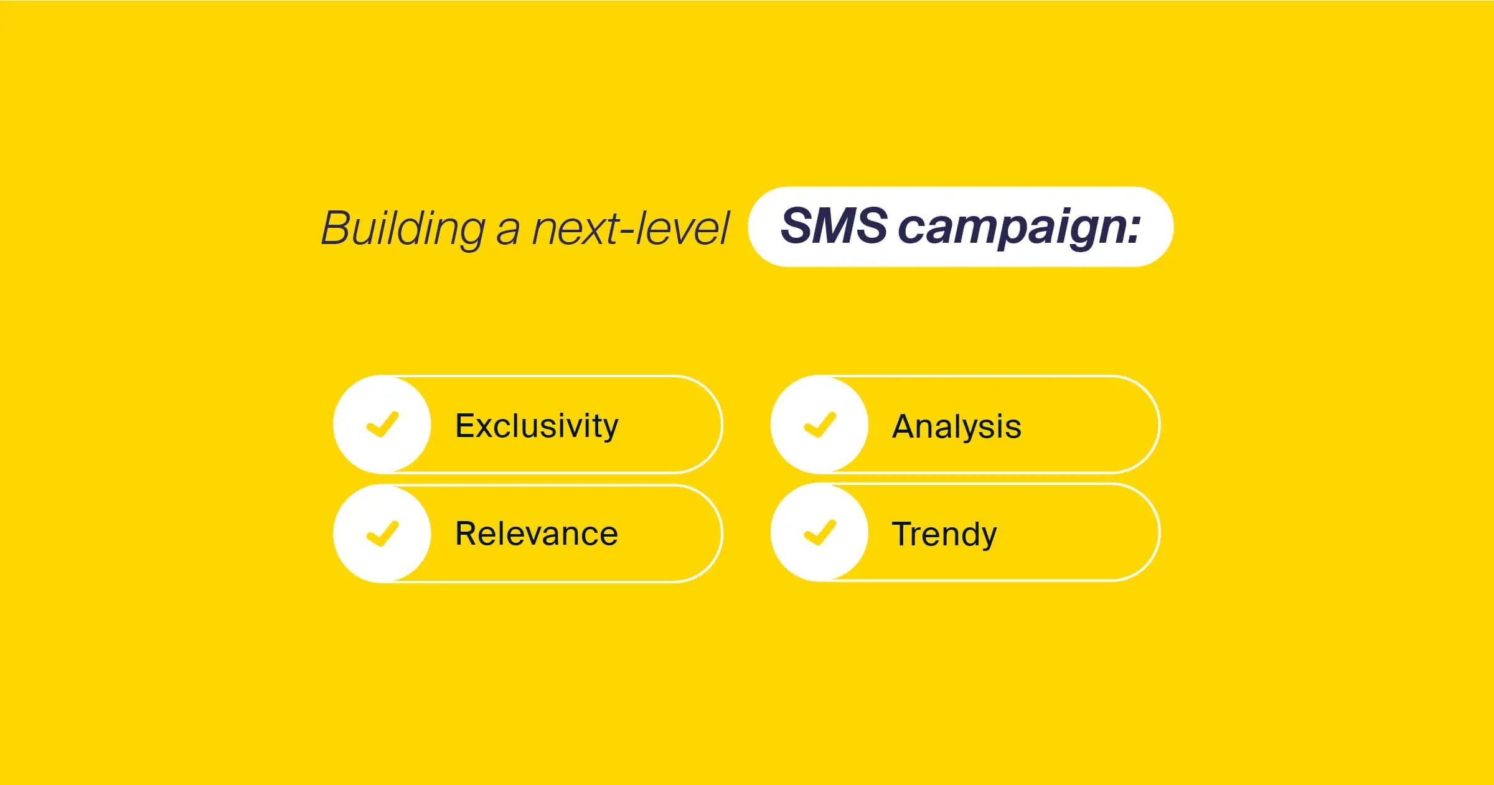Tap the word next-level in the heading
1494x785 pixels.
pyautogui.click(x=630, y=228)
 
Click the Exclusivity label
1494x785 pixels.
pyautogui.click(x=537, y=426)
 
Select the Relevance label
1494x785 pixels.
pyautogui.click(x=537, y=534)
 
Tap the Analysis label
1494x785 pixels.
pyautogui.click(x=956, y=427)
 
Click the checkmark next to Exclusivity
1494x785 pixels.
pyautogui.click(x=382, y=425)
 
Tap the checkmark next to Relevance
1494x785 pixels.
pyautogui.click(x=382, y=533)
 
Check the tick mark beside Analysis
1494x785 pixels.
pyautogui.click(x=820, y=425)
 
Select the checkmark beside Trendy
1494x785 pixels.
pyautogui.click(x=820, y=532)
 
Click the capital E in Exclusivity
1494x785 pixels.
pyautogui.click(x=466, y=426)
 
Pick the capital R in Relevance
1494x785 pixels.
pyautogui.click(x=467, y=534)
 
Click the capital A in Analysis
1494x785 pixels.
pyautogui.click(x=904, y=426)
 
